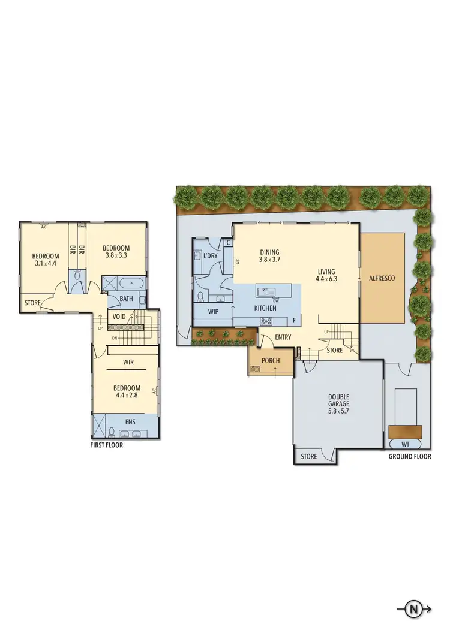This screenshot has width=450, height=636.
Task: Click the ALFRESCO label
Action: [382, 278]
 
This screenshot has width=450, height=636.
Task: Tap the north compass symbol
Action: [413, 610]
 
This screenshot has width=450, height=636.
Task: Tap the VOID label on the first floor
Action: [118, 317]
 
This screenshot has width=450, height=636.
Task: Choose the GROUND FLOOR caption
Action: [410, 456]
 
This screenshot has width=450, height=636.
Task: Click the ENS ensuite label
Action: [130, 421]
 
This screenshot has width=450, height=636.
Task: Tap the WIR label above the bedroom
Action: [128, 362]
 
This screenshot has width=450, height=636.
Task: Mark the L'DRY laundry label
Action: [211, 256]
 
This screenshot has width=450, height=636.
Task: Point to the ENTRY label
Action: [283, 337]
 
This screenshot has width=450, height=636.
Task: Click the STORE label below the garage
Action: [308, 457]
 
